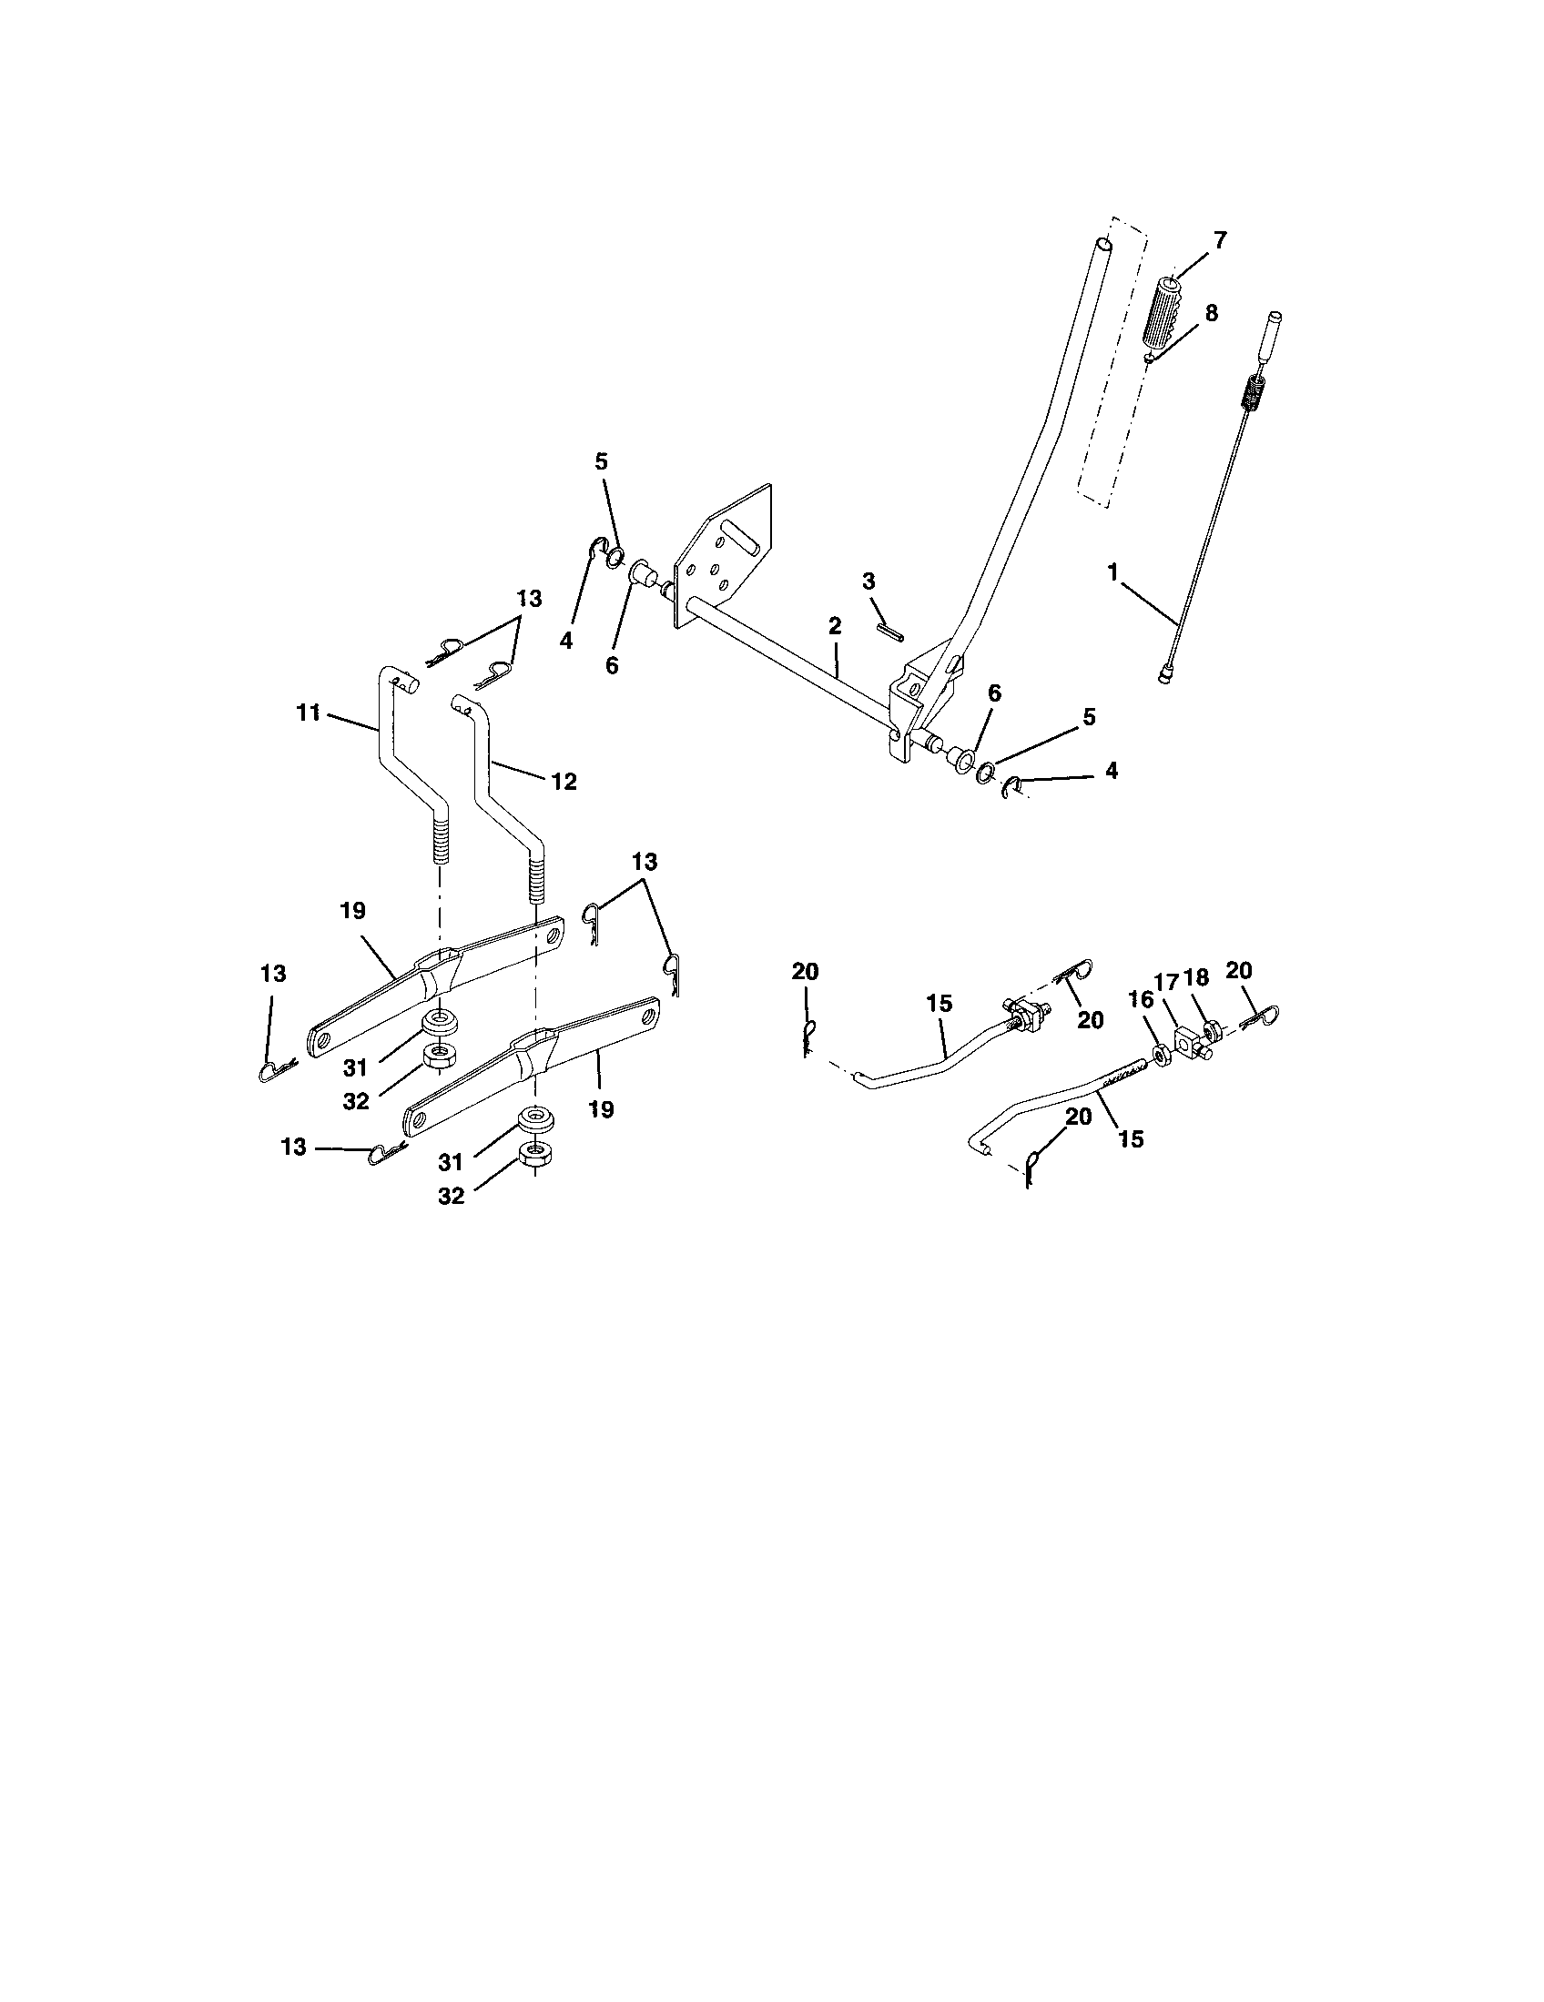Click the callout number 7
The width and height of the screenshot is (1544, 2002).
pos(1218,240)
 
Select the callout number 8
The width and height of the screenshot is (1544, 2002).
pos(1211,312)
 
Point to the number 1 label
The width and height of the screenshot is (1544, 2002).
pos(1113,573)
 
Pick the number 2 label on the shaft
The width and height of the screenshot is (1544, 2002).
pos(833,626)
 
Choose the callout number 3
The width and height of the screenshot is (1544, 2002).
pos(868,581)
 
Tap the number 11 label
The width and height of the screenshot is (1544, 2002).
pos(308,712)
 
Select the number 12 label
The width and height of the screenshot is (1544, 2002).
pos(564,781)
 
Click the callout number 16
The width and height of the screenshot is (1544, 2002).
pos(1142,999)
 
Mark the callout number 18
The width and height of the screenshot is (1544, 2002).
pos(1196,977)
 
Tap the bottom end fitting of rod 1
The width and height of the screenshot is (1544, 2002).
pos(1166,676)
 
